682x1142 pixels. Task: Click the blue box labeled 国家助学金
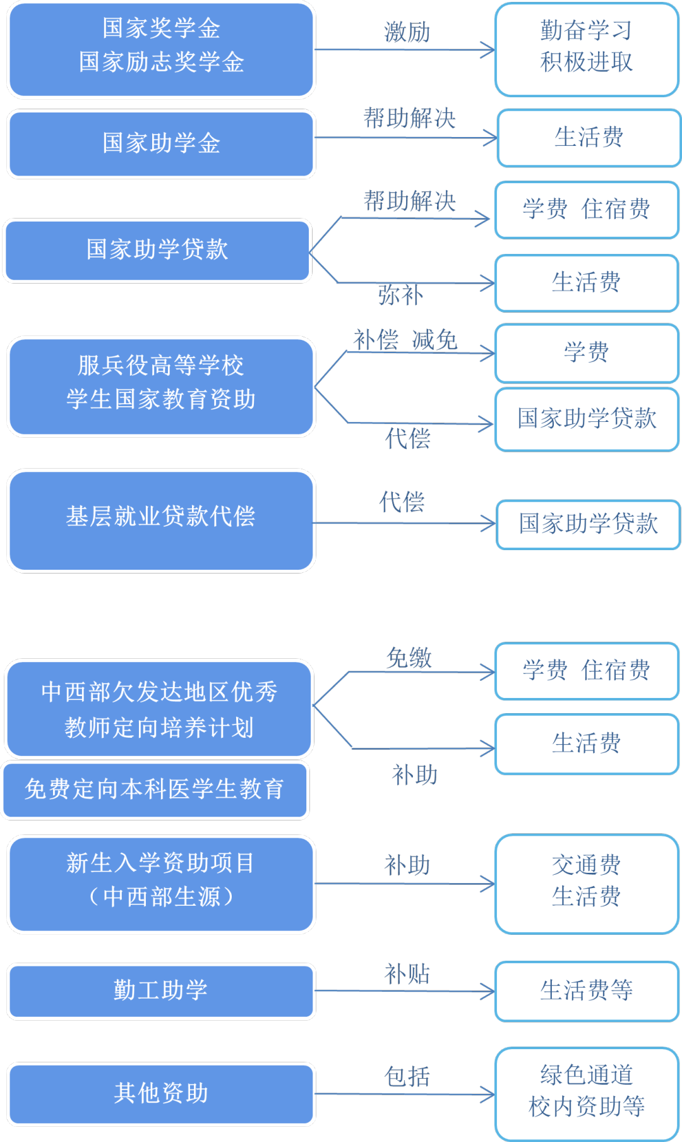click(161, 144)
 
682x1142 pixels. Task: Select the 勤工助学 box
click(161, 990)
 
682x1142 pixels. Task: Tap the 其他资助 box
click(161, 1093)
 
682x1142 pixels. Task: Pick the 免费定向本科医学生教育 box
click(155, 790)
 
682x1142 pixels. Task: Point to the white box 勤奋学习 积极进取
click(587, 49)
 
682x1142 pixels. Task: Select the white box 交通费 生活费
click(587, 883)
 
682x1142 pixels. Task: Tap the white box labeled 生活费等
click(587, 990)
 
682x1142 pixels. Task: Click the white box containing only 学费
click(587, 352)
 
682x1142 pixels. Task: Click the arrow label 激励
click(407, 32)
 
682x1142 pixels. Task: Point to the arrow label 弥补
click(400, 295)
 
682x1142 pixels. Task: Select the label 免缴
click(409, 658)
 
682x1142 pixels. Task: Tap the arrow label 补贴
click(407, 973)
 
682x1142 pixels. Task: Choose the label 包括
click(407, 1076)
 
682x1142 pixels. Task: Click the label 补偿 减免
click(405, 340)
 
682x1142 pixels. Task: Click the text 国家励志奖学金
click(161, 63)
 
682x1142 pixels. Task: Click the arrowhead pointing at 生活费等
click(488, 991)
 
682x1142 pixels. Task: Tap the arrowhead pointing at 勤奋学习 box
click(488, 49)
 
